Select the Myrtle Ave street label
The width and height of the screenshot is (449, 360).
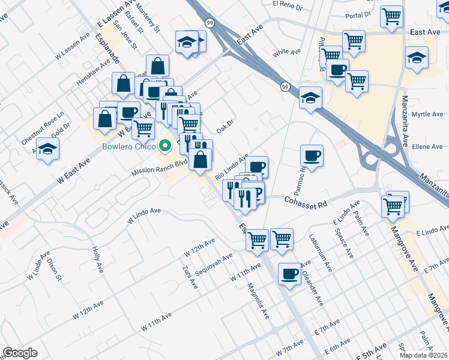pos(427,114)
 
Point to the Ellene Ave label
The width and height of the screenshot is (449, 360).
pos(427,146)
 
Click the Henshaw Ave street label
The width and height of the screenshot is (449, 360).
pos(93,71)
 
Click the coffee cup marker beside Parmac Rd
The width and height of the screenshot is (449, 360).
pos(312,156)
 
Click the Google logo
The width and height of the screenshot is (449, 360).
pos(20,353)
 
